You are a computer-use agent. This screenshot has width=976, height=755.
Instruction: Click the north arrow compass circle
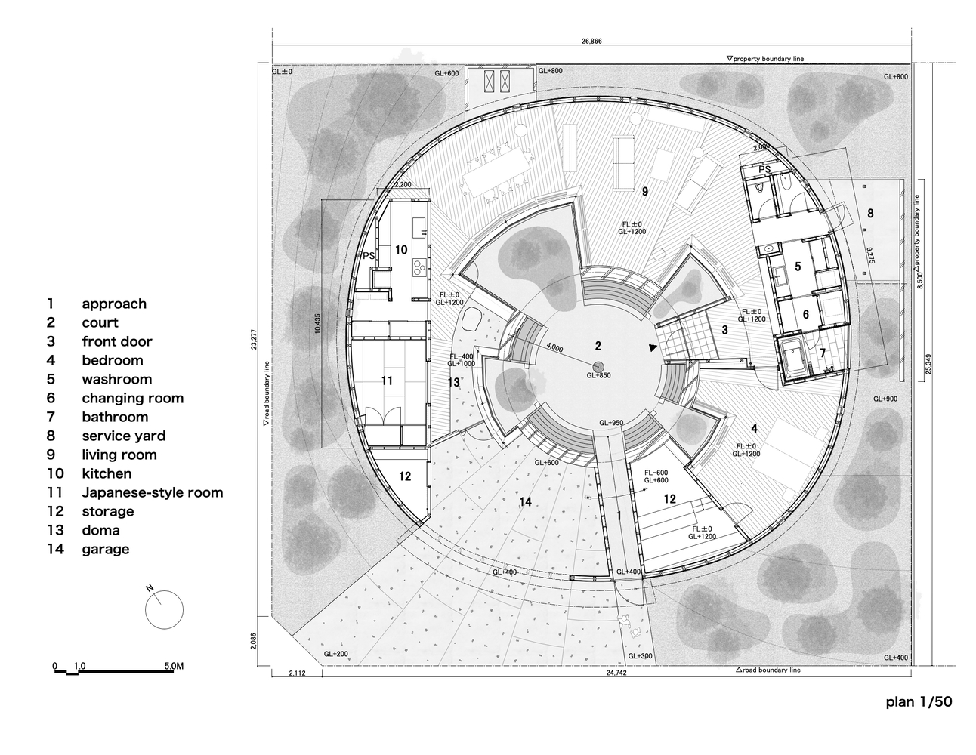click(x=163, y=609)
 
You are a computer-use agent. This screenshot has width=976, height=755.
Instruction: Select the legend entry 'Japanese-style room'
click(x=152, y=492)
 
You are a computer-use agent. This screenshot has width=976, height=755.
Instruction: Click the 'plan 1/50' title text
click(x=919, y=701)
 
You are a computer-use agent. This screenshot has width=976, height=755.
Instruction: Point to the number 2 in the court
click(x=598, y=346)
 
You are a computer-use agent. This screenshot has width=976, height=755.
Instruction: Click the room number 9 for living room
click(x=644, y=192)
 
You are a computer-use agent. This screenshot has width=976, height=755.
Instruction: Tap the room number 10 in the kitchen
click(x=400, y=249)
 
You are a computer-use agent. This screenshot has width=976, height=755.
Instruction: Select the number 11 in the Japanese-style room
click(x=387, y=381)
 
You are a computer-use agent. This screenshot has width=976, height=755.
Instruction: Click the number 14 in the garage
click(x=526, y=501)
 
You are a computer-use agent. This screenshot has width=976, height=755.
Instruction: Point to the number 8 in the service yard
click(x=869, y=214)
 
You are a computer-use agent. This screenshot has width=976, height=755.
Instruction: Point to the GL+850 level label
click(x=598, y=374)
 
